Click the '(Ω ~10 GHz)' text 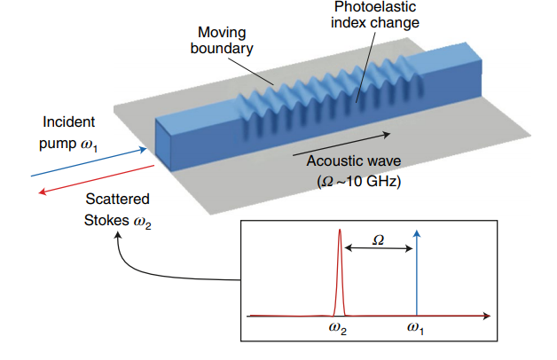tap(354, 183)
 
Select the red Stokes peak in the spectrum tap(338, 266)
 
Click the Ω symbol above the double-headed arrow tap(378, 239)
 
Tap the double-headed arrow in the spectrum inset tap(378, 251)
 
